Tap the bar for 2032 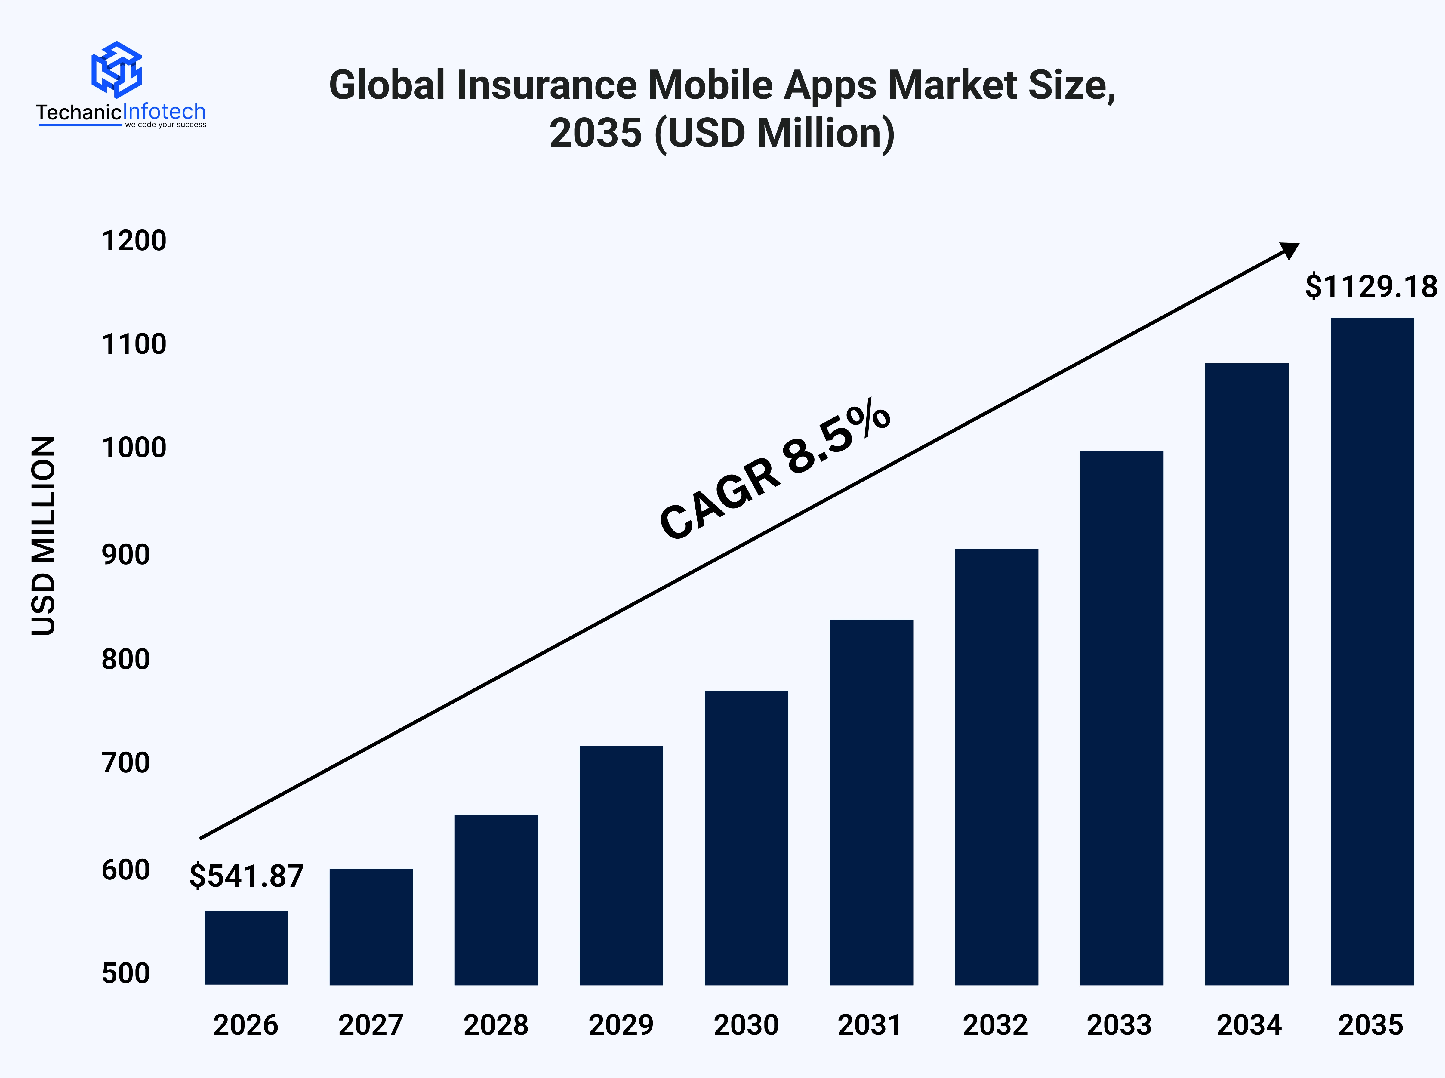(x=996, y=767)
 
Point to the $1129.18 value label (x=1371, y=287)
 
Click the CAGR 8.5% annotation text (x=775, y=470)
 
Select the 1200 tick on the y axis (x=134, y=241)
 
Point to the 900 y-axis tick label (x=126, y=555)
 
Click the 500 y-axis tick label (x=126, y=973)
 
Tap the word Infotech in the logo (x=165, y=112)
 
